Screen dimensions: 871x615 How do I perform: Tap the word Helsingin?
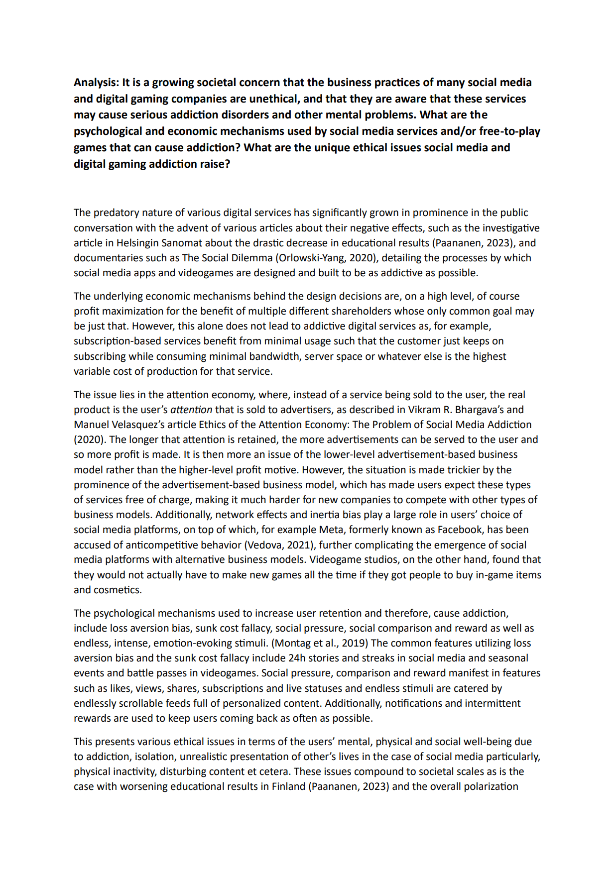pos(137,243)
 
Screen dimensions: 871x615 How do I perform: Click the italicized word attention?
pos(191,410)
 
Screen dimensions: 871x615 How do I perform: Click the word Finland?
pos(288,786)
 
